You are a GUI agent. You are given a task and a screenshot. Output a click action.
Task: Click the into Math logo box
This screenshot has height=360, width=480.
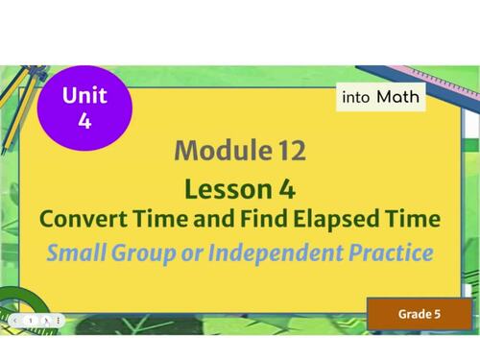[380, 97]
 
